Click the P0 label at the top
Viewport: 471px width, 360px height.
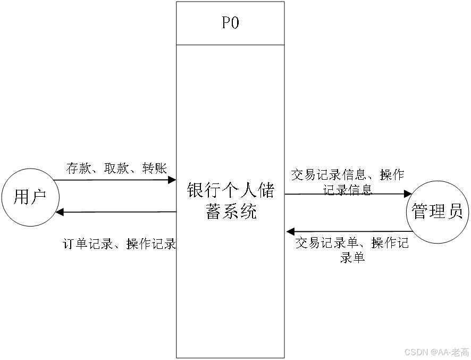(x=230, y=23)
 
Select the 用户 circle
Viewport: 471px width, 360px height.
(x=29, y=197)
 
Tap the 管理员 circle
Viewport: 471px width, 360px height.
(x=437, y=212)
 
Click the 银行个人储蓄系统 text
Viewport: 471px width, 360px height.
(x=230, y=200)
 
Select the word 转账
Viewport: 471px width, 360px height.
(x=154, y=169)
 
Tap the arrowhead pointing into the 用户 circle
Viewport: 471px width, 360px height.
(x=60, y=212)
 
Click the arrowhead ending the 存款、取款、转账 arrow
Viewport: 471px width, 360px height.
(x=172, y=180)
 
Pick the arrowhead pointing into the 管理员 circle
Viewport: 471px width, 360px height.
(x=408, y=194)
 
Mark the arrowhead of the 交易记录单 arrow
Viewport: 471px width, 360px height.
(x=290, y=231)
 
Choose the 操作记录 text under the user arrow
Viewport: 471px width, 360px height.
(x=151, y=244)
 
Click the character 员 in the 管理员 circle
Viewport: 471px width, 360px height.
(x=454, y=212)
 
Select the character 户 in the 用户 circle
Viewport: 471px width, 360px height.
(x=37, y=197)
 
